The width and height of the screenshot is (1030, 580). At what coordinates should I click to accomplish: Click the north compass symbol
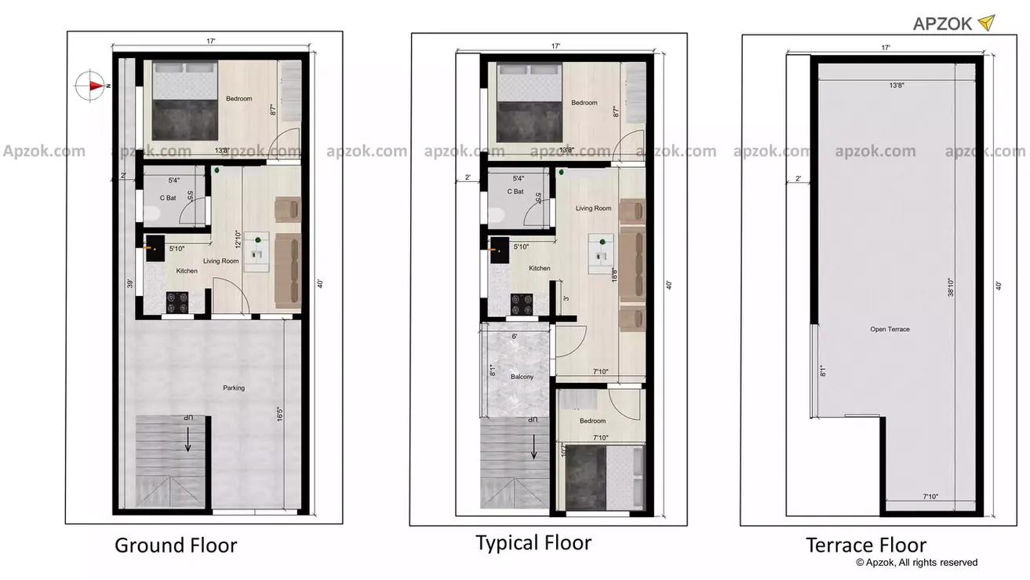[x=93, y=86]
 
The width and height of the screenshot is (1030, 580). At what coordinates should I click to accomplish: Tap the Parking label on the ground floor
[x=233, y=388]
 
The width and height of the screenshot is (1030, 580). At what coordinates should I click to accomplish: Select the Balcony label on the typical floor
[x=522, y=377]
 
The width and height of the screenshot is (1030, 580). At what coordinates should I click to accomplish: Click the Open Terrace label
[x=890, y=329]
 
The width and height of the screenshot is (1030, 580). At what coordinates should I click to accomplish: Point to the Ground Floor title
[x=176, y=545]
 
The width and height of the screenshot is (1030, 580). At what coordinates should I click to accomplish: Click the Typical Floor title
[x=533, y=542]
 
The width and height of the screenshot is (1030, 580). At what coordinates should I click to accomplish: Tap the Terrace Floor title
[x=866, y=545]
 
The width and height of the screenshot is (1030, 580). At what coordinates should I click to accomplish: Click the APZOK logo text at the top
[x=943, y=24]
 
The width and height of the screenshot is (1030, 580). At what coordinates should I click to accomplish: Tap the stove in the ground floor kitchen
[x=177, y=302]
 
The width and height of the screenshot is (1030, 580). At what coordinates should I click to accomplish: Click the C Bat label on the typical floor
[x=515, y=192]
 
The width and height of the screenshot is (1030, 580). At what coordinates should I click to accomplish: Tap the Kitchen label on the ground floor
[x=187, y=271]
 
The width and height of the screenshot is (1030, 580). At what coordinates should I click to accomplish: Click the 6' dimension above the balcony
[x=514, y=336]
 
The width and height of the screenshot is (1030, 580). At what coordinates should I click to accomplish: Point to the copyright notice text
[x=916, y=562]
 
